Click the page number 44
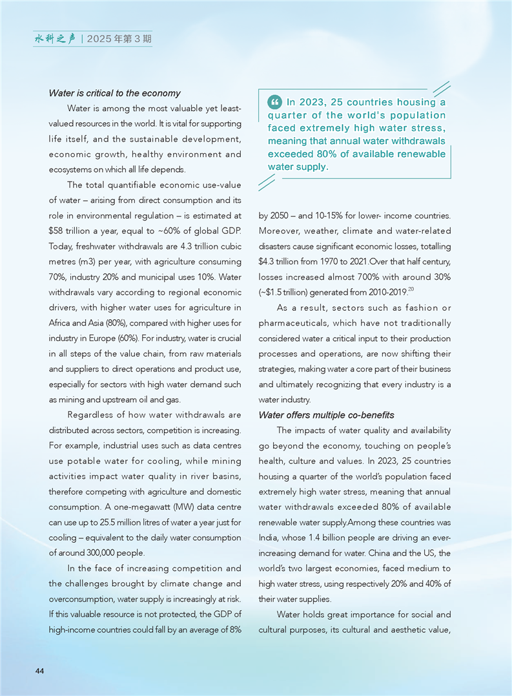click(39, 671)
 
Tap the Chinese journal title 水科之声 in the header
click(55, 39)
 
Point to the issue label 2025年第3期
click(120, 39)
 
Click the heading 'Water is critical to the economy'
click(114, 93)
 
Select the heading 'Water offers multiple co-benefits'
click(326, 415)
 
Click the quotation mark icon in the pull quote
click(274, 102)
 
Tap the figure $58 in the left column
click(56, 231)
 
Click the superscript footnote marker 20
click(410, 290)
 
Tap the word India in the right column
click(269, 538)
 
